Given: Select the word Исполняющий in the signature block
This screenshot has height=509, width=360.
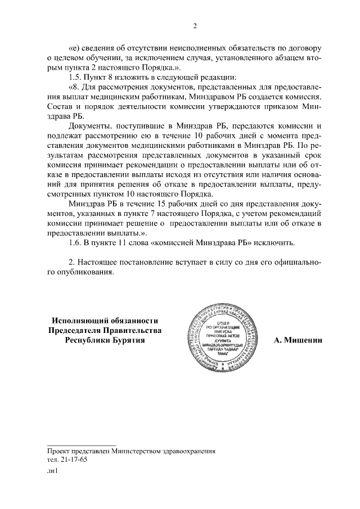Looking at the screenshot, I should [78, 320].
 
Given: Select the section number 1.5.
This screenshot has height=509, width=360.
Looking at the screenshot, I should [74, 76].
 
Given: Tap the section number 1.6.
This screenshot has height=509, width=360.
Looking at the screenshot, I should [74, 242].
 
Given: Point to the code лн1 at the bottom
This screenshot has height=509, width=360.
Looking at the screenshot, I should [53, 472].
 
